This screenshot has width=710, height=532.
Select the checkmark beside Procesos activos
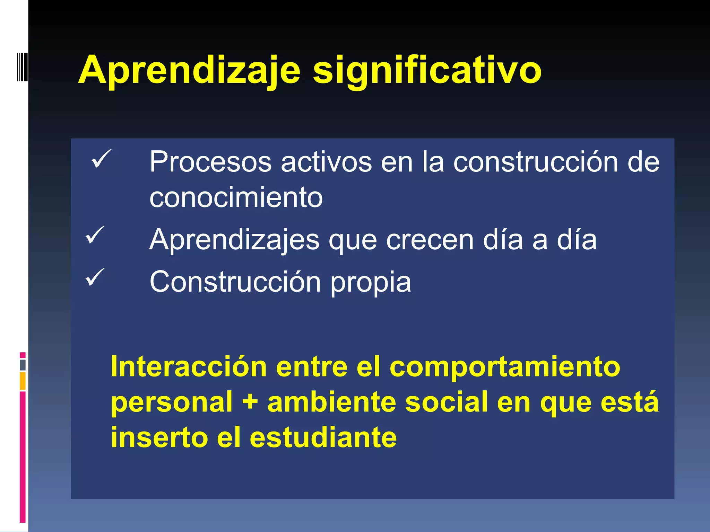click(x=101, y=159)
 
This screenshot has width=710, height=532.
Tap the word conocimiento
click(x=236, y=197)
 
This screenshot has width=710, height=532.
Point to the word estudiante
click(x=323, y=437)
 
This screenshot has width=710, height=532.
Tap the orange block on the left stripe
click(x=23, y=381)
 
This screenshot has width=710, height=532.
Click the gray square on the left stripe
click(x=23, y=365)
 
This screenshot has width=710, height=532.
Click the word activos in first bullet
click(x=326, y=162)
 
